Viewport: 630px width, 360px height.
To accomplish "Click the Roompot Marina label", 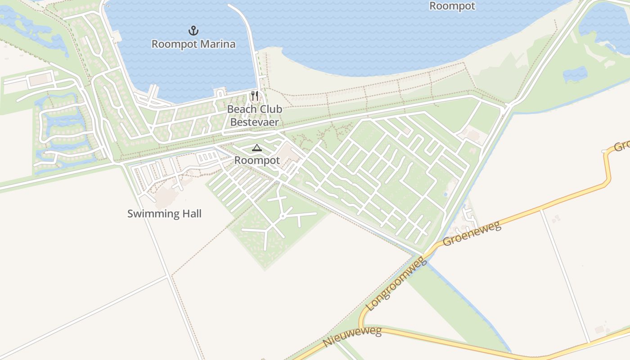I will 193,44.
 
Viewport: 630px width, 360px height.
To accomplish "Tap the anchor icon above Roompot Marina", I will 193,31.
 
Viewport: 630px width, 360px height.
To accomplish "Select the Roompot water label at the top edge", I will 452,6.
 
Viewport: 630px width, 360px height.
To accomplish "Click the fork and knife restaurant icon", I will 255,96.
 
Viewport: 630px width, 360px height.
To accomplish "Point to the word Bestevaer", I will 255,122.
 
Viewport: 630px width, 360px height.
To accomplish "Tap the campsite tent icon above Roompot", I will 256,148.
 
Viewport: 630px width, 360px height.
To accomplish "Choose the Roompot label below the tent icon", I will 257,160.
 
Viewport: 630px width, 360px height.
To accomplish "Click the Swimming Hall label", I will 164,213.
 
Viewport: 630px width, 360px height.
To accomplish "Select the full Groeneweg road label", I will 472,233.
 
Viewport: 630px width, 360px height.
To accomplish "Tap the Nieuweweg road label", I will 352,337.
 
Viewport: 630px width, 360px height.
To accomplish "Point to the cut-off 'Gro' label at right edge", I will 621,146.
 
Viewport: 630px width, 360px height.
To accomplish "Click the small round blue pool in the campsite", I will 445,194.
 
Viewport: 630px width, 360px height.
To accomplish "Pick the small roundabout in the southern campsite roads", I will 282,216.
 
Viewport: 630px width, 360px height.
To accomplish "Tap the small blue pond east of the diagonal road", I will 575,73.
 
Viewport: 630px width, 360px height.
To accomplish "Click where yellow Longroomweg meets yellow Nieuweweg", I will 362,328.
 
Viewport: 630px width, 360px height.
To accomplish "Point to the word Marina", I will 217,44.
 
